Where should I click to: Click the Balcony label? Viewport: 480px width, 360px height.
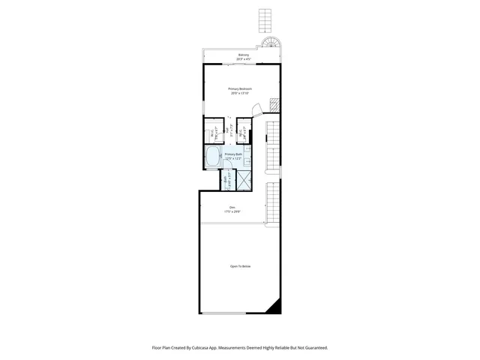pyautogui.click(x=243, y=55)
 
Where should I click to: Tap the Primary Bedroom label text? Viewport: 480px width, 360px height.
pyautogui.click(x=240, y=88)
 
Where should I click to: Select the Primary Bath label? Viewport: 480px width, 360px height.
pyautogui.click(x=234, y=154)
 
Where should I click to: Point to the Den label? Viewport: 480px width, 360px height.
pyautogui.click(x=232, y=207)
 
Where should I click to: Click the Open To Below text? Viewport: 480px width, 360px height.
pyautogui.click(x=240, y=266)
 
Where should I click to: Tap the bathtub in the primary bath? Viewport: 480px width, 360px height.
pyautogui.click(x=212, y=157)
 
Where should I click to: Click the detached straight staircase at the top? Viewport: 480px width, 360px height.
pyautogui.click(x=264, y=19)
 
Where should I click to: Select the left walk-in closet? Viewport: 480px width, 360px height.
pyautogui.click(x=214, y=131)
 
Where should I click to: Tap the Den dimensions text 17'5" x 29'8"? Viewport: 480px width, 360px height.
pyautogui.click(x=232, y=211)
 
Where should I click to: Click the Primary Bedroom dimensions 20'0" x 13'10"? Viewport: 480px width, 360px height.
pyautogui.click(x=240, y=93)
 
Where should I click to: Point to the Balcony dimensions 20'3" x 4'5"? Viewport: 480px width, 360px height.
pyautogui.click(x=243, y=59)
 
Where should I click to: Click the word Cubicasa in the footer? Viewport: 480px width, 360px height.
pyautogui.click(x=205, y=347)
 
